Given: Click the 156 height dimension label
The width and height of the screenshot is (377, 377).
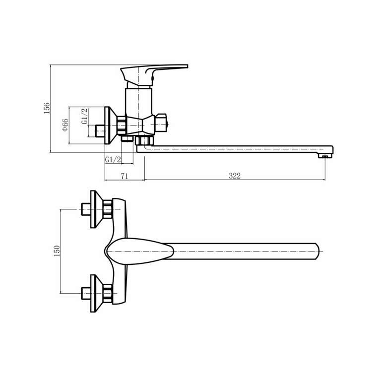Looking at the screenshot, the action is (47, 108).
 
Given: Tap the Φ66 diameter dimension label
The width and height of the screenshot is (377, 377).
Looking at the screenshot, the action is (65, 125).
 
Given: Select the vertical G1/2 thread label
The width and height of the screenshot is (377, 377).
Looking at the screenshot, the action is (84, 117).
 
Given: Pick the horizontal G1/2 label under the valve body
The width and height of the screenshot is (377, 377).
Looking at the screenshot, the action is (113, 159).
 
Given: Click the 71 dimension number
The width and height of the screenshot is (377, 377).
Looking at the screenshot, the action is (125, 176).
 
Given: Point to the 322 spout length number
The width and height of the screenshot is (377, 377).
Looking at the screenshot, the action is (235, 176).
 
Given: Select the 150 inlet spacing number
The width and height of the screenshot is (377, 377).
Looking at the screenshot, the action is (57, 251).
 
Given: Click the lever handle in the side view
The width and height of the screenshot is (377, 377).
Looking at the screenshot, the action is (154, 74).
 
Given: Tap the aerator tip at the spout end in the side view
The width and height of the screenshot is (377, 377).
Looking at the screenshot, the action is (325, 156).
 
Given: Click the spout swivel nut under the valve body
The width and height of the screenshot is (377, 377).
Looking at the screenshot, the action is (144, 140).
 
